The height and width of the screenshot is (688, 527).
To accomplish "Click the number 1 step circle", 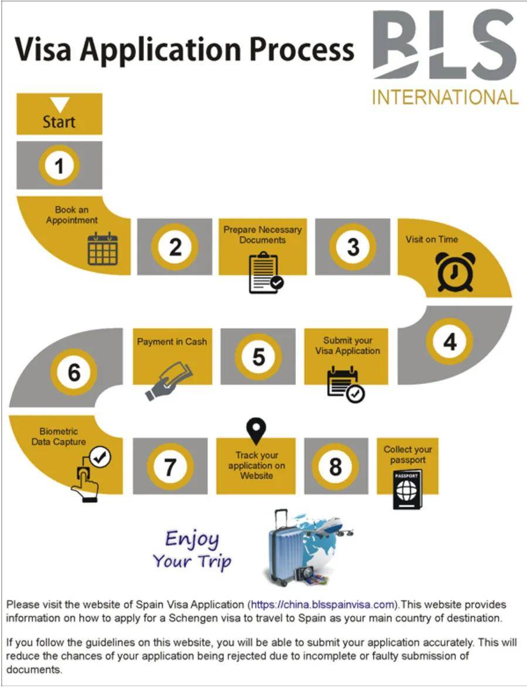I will pos(59,166).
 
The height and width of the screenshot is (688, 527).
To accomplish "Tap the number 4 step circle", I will pos(450,341).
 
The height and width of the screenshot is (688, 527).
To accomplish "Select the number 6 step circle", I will pos(74,372).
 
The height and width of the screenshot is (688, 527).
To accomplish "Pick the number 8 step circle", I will pos(335,466).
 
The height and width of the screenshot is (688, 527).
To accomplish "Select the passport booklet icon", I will pos(407,488).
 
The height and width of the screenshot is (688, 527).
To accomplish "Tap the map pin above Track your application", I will pos(256,432).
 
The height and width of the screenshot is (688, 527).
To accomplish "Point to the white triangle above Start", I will pos(59,105).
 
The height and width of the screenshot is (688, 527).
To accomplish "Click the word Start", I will pos(59,122).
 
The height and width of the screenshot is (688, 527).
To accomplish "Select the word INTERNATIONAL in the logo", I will pos(446,97).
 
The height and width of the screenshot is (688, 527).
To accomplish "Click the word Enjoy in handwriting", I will pos(192,539).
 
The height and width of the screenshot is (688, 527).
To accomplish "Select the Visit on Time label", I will pos(432,239).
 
